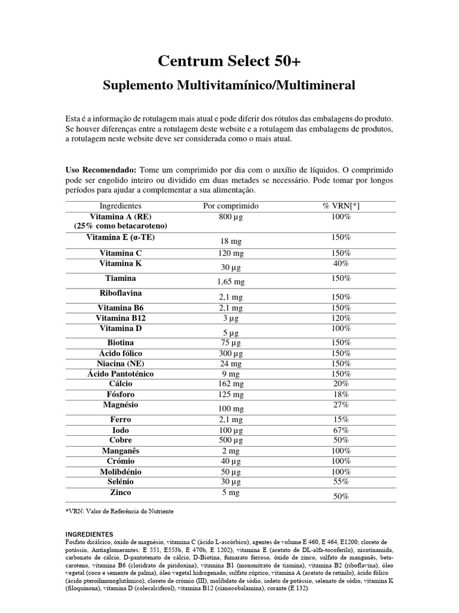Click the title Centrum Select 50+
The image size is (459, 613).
coord(229,61)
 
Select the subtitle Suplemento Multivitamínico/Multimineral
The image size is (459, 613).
coord(229,86)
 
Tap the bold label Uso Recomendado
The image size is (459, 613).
coord(100,170)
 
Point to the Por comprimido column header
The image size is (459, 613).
coord(231,206)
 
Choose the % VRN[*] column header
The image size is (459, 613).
coord(341,206)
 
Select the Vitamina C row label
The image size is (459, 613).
coord(121,253)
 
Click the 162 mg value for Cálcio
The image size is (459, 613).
coord(231,384)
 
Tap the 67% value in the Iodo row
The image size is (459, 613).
coord(341,430)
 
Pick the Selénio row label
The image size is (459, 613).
coord(121,481)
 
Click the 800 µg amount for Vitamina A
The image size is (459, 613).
coord(231,217)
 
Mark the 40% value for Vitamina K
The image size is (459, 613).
coord(341,263)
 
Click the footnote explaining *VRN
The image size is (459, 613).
coord(120,512)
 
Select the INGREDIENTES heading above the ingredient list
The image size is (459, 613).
coord(89,533)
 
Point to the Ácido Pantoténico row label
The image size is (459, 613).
coord(121,374)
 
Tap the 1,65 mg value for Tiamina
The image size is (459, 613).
coord(231,281)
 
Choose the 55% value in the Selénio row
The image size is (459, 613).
coord(341,481)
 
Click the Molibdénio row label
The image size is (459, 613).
coord(121,472)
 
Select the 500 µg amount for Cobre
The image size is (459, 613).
coord(231,440)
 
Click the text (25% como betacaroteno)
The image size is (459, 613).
coord(121,226)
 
